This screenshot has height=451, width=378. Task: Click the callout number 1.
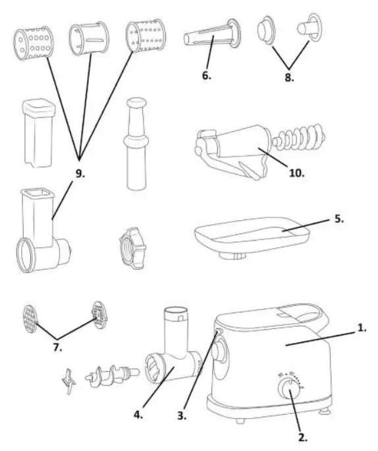coord(360,326)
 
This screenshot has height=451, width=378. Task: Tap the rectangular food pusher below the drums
coord(37,131)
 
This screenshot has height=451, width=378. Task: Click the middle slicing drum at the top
coord(88,42)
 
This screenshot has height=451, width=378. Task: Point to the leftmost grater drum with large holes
coord(32,45)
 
